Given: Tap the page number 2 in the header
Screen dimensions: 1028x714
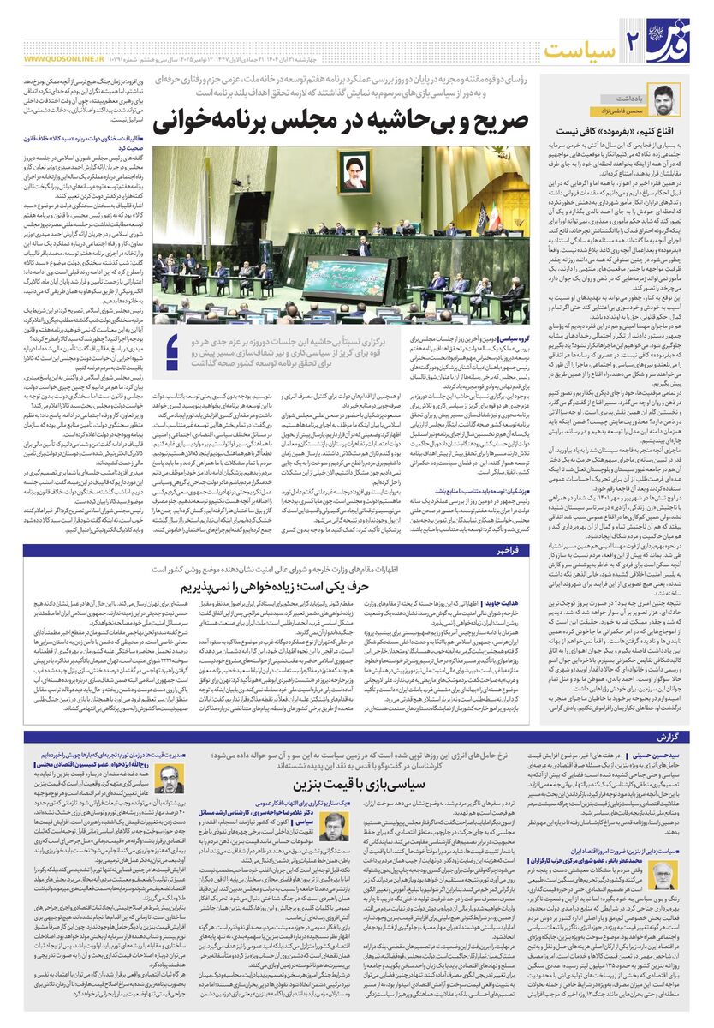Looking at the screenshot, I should tap(634, 38).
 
